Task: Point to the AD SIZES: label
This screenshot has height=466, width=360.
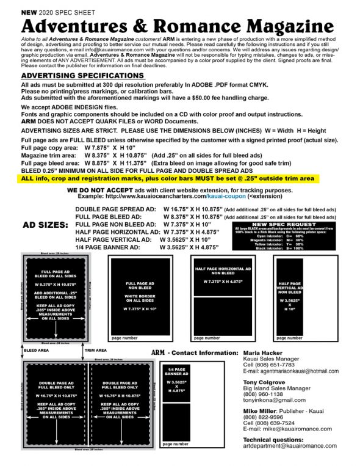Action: [46, 225]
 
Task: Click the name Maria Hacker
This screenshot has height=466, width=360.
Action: [262, 354]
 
